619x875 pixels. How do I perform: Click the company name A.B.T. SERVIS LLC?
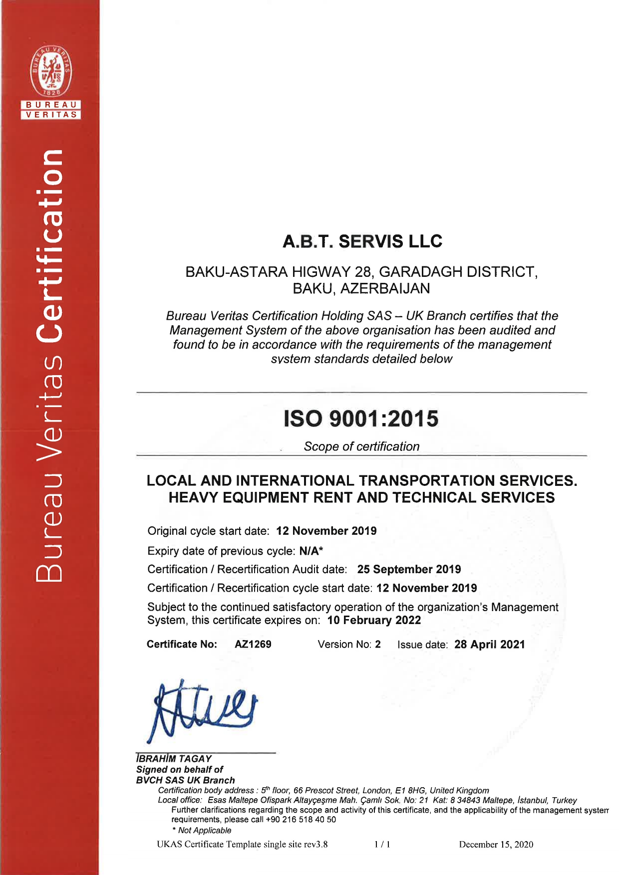click(x=362, y=241)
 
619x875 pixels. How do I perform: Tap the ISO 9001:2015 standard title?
click(x=361, y=419)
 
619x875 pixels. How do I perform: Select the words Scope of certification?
click(x=361, y=446)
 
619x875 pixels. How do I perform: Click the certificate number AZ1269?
click(x=253, y=644)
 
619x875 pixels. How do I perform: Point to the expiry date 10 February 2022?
click(x=374, y=620)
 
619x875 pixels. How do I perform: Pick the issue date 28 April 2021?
click(x=489, y=645)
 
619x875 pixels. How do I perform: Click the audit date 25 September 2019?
click(x=409, y=569)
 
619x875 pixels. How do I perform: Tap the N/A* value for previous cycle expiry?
click(x=311, y=551)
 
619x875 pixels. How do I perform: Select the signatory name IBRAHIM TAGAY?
click(x=174, y=758)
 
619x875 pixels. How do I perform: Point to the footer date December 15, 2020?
click(x=496, y=844)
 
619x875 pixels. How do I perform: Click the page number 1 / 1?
click(x=382, y=844)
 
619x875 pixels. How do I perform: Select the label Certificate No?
click(x=182, y=644)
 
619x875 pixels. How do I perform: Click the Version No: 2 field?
click(x=349, y=644)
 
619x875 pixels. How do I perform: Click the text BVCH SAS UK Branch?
click(x=185, y=780)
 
